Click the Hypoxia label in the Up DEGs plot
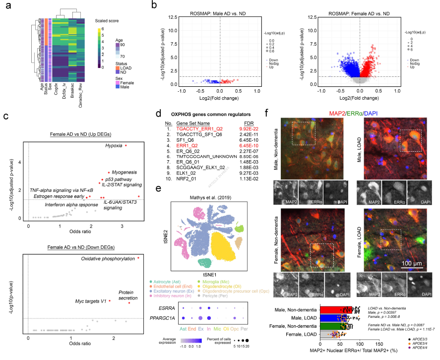[113, 146]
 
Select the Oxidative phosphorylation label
[108, 258]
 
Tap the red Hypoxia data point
[126, 145]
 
